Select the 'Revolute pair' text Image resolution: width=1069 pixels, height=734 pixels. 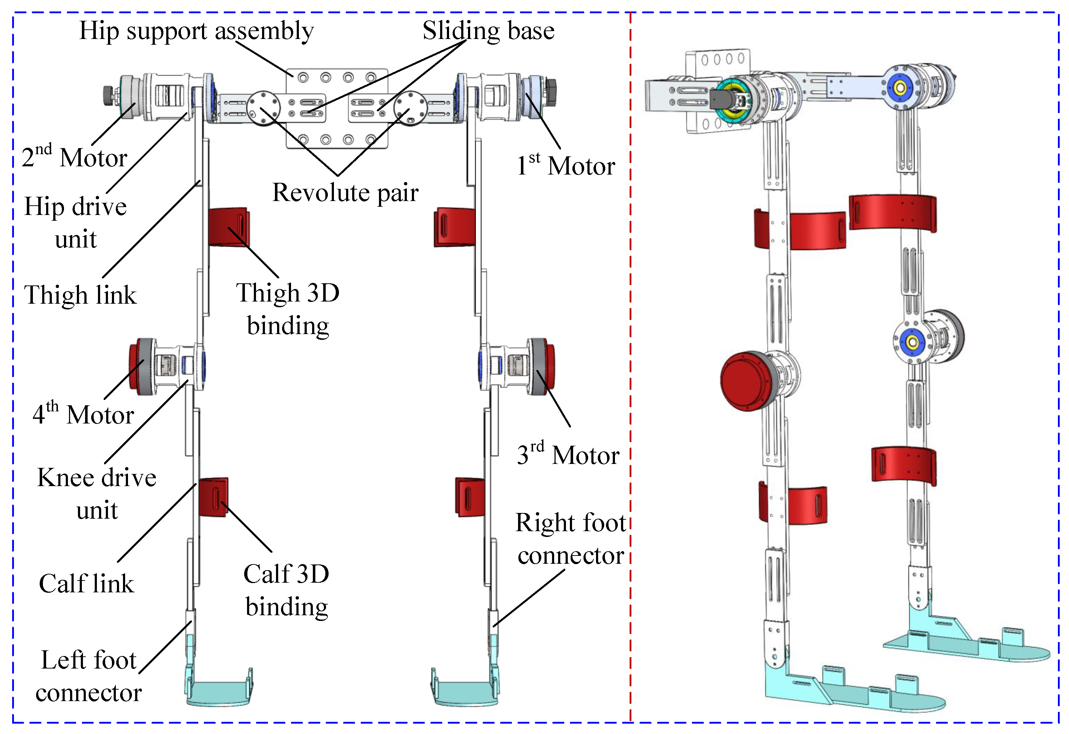click(x=345, y=192)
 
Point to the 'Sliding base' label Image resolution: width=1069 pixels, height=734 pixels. click(x=488, y=31)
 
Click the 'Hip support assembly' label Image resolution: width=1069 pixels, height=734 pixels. click(x=196, y=31)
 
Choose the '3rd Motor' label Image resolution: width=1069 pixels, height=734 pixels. click(x=568, y=455)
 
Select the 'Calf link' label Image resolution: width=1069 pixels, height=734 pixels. click(x=87, y=583)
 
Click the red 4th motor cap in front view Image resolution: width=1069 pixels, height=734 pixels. click(x=135, y=367)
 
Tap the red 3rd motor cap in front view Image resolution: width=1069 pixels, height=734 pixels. click(x=550, y=367)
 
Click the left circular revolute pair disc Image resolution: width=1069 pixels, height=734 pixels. click(x=263, y=108)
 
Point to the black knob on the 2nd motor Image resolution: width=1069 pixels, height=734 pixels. click(x=109, y=95)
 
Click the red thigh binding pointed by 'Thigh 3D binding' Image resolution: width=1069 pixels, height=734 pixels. click(x=228, y=227)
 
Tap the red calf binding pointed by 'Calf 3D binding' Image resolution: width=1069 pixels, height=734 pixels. click(x=213, y=497)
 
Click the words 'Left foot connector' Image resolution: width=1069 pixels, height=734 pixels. click(x=89, y=676)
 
